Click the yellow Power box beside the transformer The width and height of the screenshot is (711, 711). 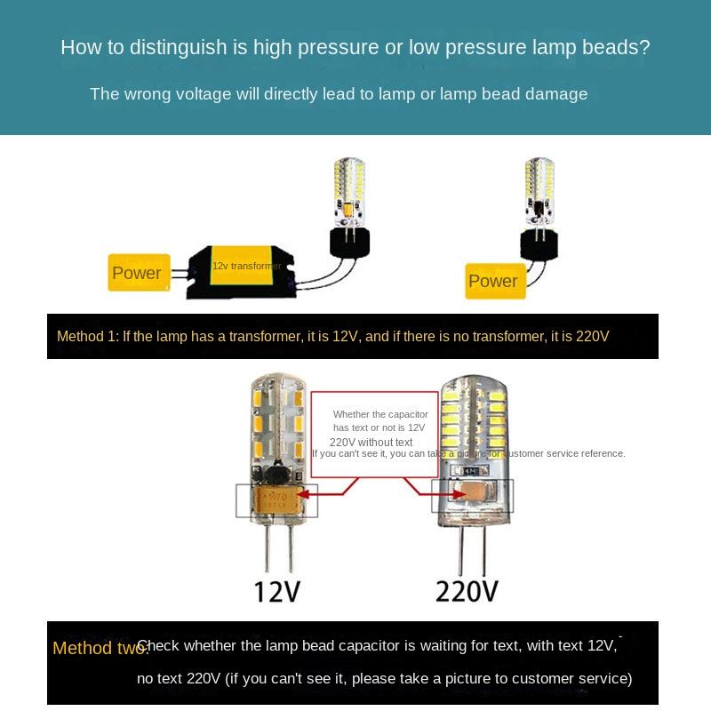point(136,273)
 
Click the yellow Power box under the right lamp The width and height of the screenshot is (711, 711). point(493,282)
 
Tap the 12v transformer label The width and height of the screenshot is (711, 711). point(246,266)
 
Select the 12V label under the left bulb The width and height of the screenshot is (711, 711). point(277,591)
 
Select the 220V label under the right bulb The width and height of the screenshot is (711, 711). point(467,591)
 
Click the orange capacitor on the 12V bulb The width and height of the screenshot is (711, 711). point(276,499)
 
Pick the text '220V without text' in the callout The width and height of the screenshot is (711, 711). point(371,443)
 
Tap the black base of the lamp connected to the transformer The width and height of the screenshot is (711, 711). point(349,241)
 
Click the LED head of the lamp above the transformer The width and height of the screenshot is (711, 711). point(348,189)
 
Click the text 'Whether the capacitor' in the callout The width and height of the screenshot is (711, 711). point(380,414)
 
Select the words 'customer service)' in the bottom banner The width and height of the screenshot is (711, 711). point(578,678)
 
